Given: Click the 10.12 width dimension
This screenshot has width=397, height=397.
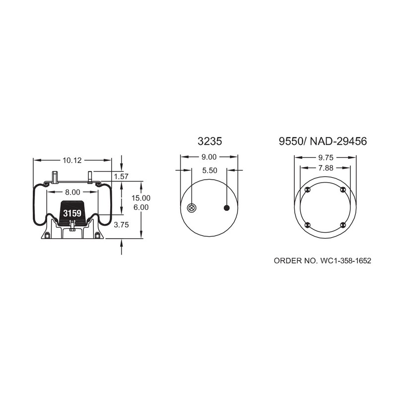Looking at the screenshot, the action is (x=72, y=160).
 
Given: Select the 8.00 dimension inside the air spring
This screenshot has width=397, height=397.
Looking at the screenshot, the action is (x=72, y=193).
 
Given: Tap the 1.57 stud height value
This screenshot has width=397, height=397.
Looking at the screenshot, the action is (x=121, y=177).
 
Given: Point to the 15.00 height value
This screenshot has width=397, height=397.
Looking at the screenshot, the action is (x=141, y=198).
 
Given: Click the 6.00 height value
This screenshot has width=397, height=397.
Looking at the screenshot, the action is (x=141, y=207).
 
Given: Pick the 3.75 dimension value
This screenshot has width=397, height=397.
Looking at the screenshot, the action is (x=121, y=225).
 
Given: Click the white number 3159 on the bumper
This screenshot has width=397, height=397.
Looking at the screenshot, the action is (x=72, y=213).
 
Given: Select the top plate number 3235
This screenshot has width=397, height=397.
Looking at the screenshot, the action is (x=209, y=141).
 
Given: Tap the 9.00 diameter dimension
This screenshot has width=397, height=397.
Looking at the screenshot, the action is (x=209, y=157).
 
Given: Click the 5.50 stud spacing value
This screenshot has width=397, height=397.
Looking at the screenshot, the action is (x=209, y=171).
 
